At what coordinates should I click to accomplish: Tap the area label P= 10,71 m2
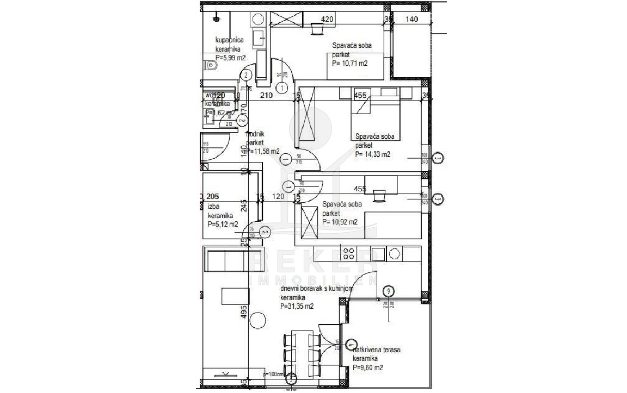349,63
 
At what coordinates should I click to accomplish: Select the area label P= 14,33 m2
372,154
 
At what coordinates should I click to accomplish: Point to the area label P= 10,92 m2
340,222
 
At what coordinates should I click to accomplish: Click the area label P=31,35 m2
297,306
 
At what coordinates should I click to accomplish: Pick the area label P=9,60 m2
368,367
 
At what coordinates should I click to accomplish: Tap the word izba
213,206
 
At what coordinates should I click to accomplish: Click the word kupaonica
229,40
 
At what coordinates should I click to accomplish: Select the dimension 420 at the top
327,20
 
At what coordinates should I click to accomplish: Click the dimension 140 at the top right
411,20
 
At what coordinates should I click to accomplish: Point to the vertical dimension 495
244,312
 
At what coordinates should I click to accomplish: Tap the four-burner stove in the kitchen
349,253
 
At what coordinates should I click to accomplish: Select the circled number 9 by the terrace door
388,291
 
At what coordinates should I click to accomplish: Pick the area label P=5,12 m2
223,224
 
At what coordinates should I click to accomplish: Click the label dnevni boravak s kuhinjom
317,289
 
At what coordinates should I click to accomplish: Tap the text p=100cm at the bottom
274,375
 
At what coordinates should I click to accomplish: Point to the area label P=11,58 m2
263,151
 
